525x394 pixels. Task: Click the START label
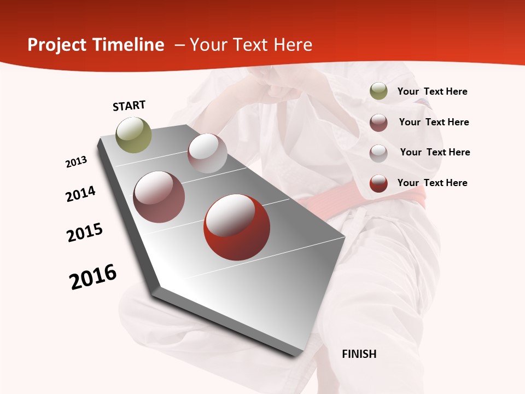click(129, 106)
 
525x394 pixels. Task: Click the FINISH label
click(359, 354)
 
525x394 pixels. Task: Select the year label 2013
click(76, 162)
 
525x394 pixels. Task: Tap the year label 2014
click(80, 194)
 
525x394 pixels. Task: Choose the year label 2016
click(93, 277)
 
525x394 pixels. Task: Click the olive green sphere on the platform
click(133, 135)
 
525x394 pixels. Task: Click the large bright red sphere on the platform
click(237, 227)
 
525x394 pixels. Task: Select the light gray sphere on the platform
click(207, 153)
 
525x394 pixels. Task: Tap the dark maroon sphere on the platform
click(159, 197)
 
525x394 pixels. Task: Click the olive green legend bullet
click(378, 91)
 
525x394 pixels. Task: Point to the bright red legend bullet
click(378, 183)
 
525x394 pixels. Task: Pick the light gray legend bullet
click(378, 153)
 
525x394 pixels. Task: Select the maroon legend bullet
click(378, 123)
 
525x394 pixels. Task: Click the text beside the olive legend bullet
click(432, 91)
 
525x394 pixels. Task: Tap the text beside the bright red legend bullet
click(432, 183)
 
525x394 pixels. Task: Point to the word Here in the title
click(293, 45)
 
